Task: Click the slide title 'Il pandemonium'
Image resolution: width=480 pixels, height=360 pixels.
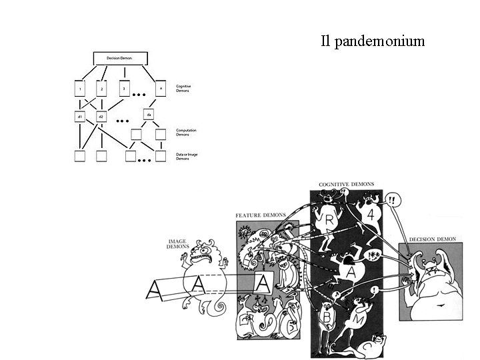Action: (372, 42)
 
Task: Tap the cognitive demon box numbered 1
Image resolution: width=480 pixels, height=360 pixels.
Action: (79, 89)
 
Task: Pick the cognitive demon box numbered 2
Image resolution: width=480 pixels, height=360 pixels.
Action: (101, 89)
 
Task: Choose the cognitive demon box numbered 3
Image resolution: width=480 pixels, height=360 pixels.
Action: (123, 87)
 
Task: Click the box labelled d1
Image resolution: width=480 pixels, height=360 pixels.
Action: (79, 117)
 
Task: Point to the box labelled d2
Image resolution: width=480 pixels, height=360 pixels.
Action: (101, 117)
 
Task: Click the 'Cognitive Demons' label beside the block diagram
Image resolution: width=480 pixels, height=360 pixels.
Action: (184, 88)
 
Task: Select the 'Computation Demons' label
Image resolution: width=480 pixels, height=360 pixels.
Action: (187, 132)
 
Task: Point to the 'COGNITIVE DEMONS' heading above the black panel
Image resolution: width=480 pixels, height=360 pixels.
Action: (346, 184)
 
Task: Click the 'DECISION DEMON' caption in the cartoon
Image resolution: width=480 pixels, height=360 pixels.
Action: (432, 238)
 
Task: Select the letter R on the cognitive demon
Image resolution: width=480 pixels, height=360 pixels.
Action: (329, 221)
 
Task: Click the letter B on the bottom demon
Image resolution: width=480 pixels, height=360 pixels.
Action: (327, 317)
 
